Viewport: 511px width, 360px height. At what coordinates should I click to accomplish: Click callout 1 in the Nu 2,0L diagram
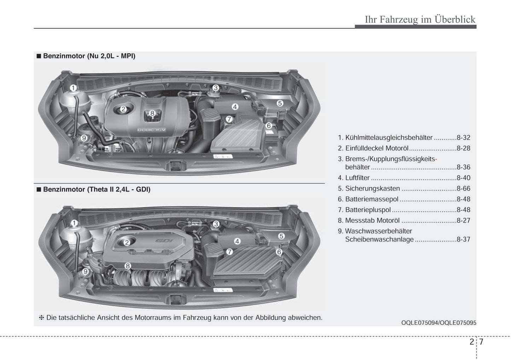pyautogui.click(x=73, y=88)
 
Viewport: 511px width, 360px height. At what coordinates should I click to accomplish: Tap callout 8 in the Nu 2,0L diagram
pyautogui.click(x=152, y=113)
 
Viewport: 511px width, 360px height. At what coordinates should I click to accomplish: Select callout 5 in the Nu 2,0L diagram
pyautogui.click(x=280, y=103)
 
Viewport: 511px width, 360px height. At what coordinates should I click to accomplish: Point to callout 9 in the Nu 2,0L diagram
pyautogui.click(x=84, y=138)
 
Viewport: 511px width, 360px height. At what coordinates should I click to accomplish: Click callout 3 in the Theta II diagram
pyautogui.click(x=216, y=224)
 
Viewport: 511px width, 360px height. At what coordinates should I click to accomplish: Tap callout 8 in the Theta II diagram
pyautogui.click(x=128, y=266)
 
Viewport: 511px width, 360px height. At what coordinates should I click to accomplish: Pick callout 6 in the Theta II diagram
pyautogui.click(x=279, y=252)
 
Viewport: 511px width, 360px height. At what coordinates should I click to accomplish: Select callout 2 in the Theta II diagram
pyautogui.click(x=127, y=242)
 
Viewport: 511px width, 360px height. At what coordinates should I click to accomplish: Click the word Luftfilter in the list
pyautogui.click(x=357, y=178)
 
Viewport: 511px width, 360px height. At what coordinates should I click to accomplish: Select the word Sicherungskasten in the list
pyautogui.click(x=372, y=189)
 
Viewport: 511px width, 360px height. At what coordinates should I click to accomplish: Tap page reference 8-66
pyautogui.click(x=463, y=189)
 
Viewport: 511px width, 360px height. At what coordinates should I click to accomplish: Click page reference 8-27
pyautogui.click(x=463, y=220)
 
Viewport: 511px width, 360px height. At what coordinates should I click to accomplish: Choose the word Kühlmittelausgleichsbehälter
pyautogui.click(x=389, y=138)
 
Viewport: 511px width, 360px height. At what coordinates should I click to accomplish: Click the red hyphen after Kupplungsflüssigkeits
pyautogui.click(x=436, y=159)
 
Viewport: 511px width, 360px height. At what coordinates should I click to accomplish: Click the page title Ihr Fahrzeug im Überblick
pyautogui.click(x=420, y=19)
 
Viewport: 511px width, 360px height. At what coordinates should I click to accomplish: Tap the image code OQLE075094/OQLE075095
pyautogui.click(x=439, y=323)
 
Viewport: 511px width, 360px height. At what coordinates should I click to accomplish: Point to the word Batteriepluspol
pyautogui.click(x=368, y=210)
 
